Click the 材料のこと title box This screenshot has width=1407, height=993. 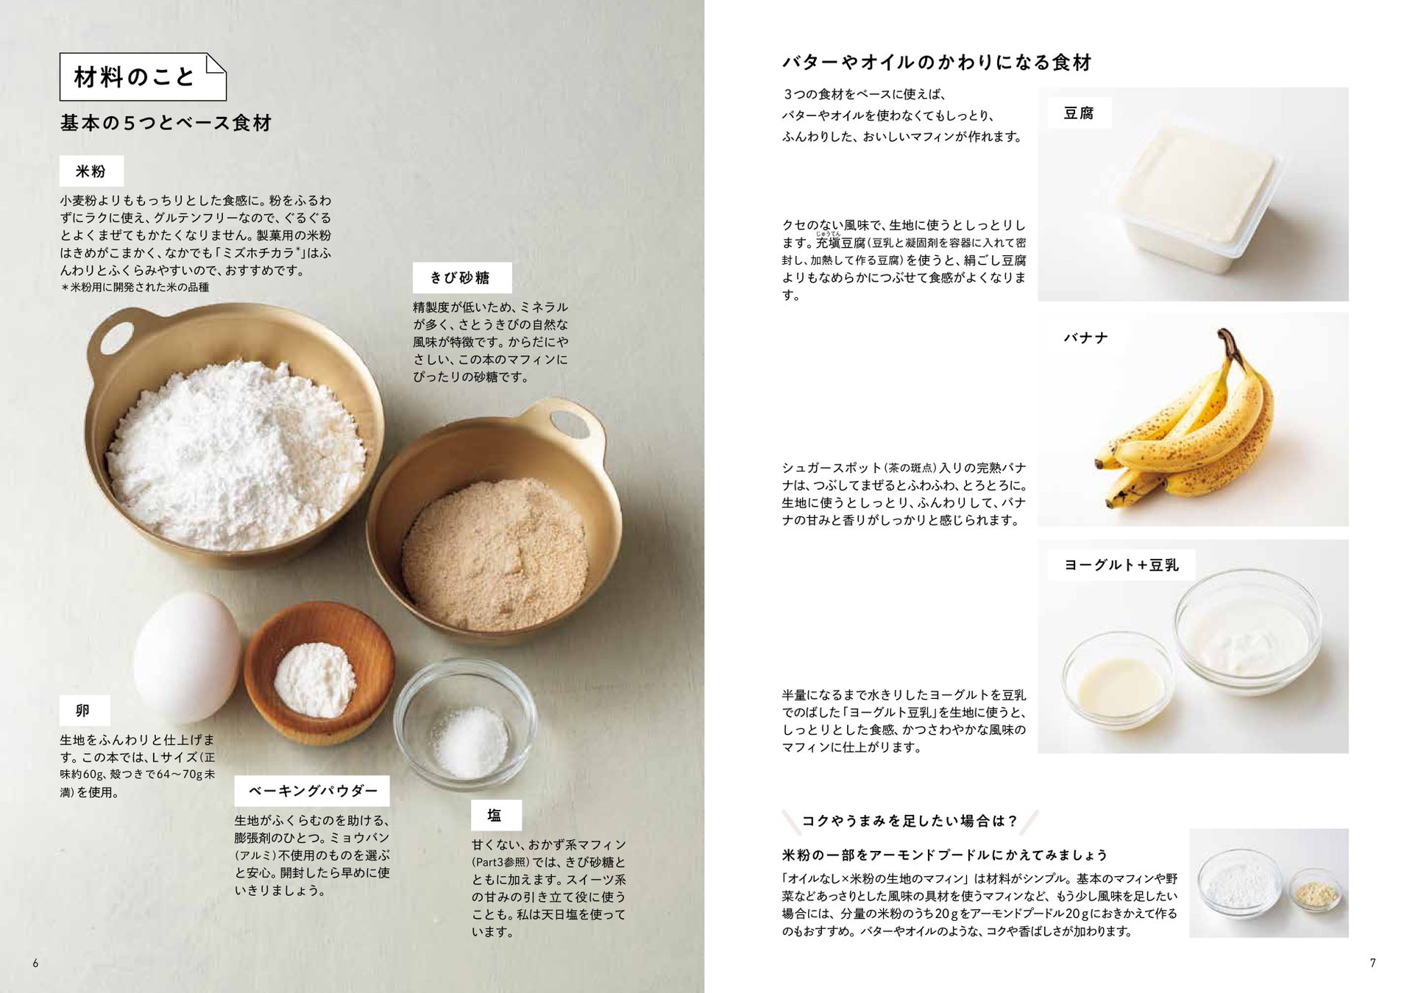[x=143, y=76]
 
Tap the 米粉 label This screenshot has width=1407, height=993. [x=91, y=171]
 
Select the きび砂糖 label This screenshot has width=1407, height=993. [x=461, y=277]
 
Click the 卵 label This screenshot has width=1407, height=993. [x=85, y=711]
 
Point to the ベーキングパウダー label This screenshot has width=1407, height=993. [x=312, y=791]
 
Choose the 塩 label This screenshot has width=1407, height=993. [x=496, y=815]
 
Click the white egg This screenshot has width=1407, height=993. [x=187, y=658]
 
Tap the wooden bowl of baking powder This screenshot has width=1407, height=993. [x=319, y=672]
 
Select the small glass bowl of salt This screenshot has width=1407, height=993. [x=465, y=724]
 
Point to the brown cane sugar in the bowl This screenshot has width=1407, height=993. [x=495, y=554]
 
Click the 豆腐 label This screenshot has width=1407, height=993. [x=1079, y=113]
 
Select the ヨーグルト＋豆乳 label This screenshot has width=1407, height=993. [x=1121, y=565]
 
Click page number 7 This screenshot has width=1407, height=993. [x=1372, y=963]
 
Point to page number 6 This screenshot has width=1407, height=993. [x=35, y=963]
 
